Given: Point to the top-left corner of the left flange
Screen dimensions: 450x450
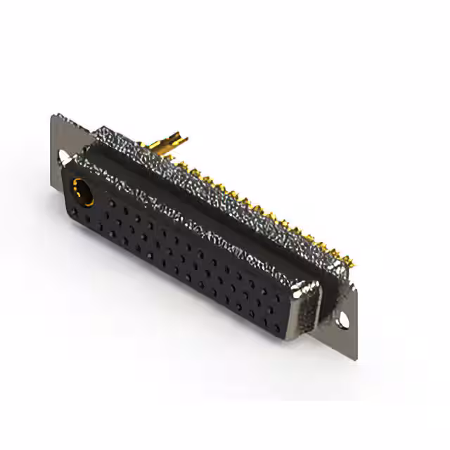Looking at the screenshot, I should (x=53, y=116).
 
